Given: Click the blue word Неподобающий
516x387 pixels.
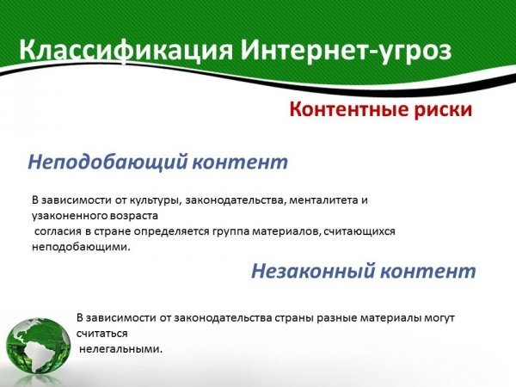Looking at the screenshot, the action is tap(108, 162).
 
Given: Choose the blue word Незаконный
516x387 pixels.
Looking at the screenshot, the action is tap(313, 271).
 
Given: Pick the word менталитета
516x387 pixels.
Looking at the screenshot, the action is tap(324, 200).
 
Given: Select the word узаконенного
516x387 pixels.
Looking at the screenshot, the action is tap(64, 216).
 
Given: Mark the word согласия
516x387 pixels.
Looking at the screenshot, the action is tap(58, 231).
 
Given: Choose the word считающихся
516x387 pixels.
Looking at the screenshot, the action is tap(359, 231).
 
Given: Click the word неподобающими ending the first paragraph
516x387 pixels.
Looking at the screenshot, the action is tap(81, 247).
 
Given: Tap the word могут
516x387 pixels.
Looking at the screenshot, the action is tap(439, 318).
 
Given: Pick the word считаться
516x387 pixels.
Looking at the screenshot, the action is tap(102, 334).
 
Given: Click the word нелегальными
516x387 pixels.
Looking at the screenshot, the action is tap(120, 349).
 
